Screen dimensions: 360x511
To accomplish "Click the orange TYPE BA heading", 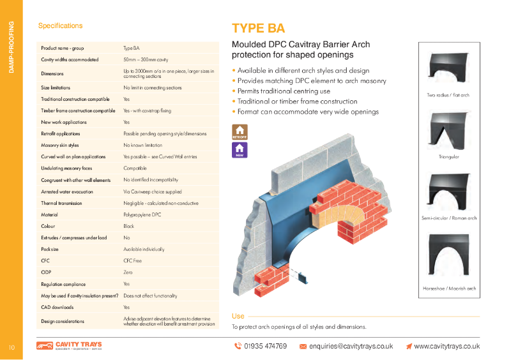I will click(258, 28).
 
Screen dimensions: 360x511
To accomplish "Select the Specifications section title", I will click(60, 26).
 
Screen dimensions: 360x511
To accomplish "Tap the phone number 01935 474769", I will click(260, 346).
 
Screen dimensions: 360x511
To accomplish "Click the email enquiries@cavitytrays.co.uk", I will click(346, 346).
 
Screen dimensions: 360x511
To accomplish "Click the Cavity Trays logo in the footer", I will click(69, 345).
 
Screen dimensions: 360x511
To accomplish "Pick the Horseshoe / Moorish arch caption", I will click(448, 289).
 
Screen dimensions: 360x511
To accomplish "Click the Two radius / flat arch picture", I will click(448, 69).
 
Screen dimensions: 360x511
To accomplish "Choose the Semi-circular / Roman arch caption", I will click(448, 218).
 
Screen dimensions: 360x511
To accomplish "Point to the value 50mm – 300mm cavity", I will click(144, 59).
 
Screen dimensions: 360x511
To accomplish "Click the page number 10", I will click(11, 347).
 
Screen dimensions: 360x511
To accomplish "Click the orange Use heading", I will click(238, 316).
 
